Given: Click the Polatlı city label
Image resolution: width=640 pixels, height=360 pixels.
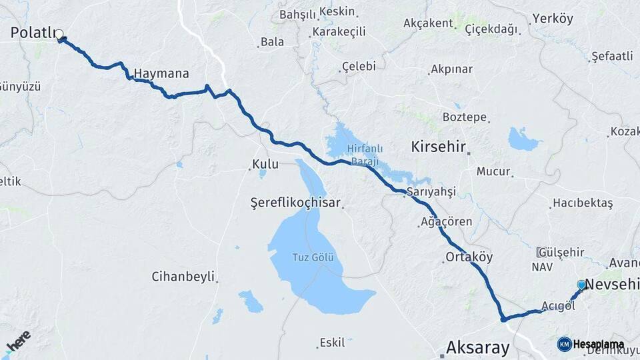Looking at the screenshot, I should pos(32,33).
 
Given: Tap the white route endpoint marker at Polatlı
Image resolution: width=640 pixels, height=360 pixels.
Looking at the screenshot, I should pos(59,34).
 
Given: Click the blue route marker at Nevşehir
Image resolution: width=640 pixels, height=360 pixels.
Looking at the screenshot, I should pos(581,285).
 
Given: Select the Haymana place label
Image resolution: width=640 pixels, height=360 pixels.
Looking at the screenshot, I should pos(161,74).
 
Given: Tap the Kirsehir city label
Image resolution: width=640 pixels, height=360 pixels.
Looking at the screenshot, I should pos(437,146).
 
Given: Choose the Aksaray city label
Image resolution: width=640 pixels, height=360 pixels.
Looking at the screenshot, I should pos(477,347).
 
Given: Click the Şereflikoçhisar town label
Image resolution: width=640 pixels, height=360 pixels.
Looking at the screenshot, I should pos(295,202).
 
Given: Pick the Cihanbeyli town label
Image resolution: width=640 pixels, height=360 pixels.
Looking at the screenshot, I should pos(183,276).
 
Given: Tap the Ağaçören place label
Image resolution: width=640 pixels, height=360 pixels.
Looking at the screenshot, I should pos(447,222).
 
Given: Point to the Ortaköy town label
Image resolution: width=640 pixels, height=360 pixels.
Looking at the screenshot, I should pos(469,257).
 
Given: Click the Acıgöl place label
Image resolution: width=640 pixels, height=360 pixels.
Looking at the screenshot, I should pos(558,306).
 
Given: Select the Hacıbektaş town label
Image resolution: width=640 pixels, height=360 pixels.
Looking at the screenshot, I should pos(583,204).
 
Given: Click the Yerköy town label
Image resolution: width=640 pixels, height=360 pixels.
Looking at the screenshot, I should pos(553,19).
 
